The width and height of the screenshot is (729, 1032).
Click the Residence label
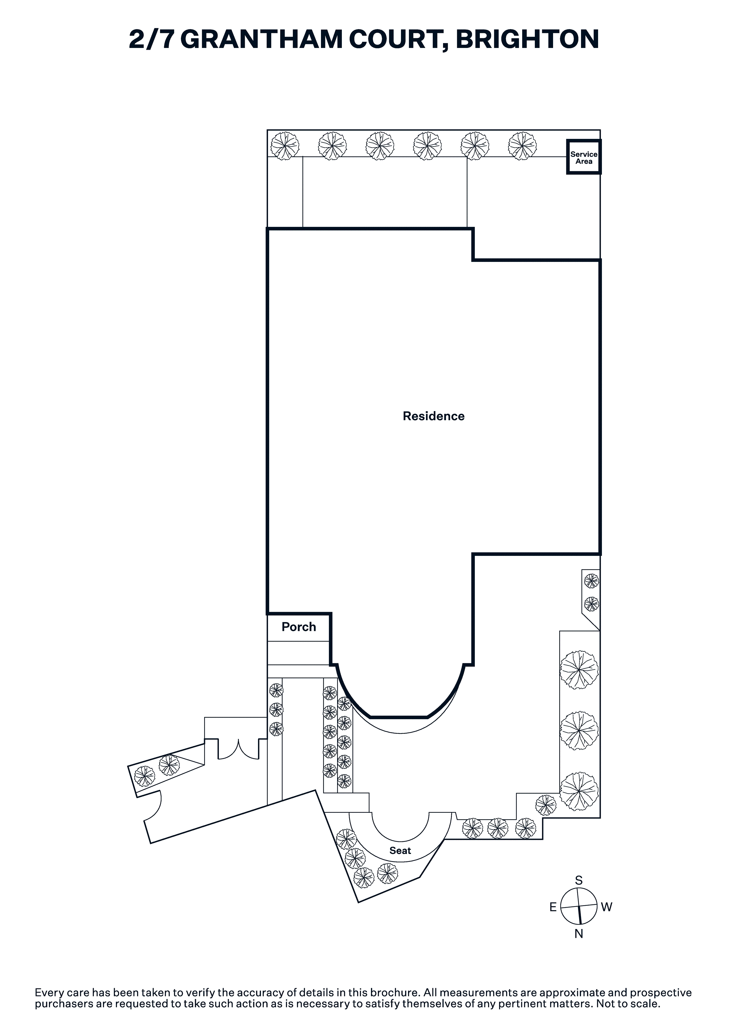click(x=433, y=416)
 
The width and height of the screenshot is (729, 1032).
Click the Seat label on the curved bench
click(x=400, y=850)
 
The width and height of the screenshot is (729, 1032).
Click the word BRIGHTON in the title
click(x=527, y=39)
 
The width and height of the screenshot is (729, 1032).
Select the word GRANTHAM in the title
click(x=262, y=39)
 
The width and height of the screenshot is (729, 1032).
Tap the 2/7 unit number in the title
click(x=152, y=39)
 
